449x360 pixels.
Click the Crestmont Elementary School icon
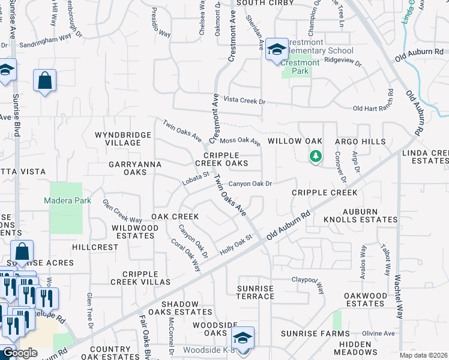(x=277, y=49)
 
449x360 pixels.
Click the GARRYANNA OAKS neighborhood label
(x=127, y=167)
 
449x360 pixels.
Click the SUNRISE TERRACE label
(x=255, y=292)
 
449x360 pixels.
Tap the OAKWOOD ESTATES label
(x=366, y=299)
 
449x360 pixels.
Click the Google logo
(x=19, y=353)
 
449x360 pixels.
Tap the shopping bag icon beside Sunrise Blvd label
(x=45, y=80)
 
